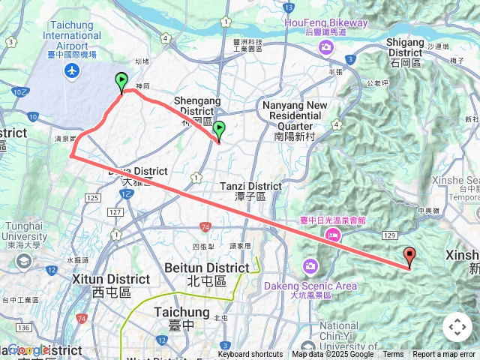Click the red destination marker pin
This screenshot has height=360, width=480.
pos(409,256)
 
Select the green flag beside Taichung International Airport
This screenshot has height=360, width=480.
pos(121,82)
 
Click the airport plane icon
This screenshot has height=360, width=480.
pos(72,70)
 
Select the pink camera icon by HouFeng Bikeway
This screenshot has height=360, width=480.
pos(325,47)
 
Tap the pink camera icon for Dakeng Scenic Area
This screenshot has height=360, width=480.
pos(310,266)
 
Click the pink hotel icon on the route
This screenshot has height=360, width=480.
pos(331,235)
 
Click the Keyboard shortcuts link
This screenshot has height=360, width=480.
pos(250,355)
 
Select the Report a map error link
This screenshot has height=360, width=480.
pos(443,355)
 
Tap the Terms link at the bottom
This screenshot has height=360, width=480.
pos(393,355)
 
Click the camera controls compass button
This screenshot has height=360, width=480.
pos(457,327)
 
